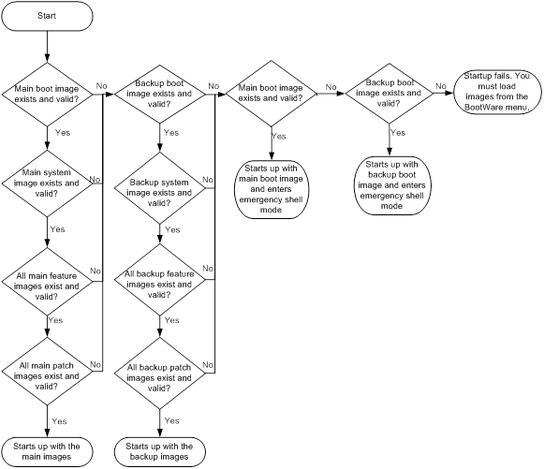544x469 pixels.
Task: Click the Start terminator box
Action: coord(47,16)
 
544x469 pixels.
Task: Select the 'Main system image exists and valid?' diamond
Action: coord(47,183)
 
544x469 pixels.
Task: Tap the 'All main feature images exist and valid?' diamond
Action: coord(47,282)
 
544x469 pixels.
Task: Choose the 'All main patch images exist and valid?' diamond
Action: coord(47,372)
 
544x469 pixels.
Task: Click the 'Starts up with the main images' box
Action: coord(47,451)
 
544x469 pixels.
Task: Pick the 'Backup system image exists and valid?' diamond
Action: coord(159,188)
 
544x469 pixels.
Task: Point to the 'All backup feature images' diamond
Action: coord(159,280)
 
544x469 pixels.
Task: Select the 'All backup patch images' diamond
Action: coord(159,373)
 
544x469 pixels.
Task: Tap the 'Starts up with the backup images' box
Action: coord(159,451)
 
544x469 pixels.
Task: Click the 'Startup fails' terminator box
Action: coord(497,92)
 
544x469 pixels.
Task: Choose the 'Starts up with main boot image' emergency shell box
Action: coord(272,189)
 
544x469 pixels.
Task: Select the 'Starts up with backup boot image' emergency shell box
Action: coord(391,185)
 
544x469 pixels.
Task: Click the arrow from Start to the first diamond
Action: coord(47,47)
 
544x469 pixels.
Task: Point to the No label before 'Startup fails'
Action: coord(441,86)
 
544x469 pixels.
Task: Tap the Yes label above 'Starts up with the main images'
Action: coord(59,421)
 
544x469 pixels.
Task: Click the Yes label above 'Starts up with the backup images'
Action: coord(171,420)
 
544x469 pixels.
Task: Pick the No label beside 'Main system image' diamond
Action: coord(95,180)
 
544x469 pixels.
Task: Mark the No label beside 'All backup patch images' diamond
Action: coord(208,365)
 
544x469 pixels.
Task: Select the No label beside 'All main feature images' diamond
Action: coord(96,271)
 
